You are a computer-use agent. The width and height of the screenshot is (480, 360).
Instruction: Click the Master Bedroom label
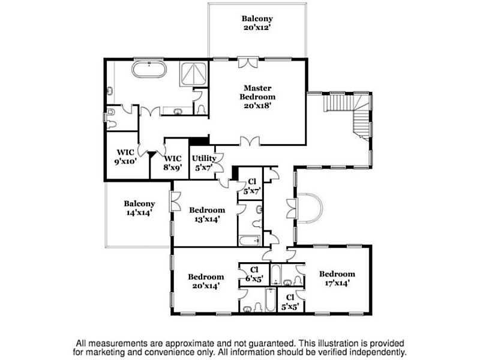(x=257, y=97)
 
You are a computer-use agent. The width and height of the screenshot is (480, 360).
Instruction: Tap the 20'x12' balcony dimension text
(x=257, y=27)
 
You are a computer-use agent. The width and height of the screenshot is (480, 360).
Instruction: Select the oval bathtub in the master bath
(x=149, y=70)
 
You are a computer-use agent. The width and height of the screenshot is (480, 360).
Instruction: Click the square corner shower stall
(x=193, y=74)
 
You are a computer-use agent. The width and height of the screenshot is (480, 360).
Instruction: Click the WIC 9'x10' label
(x=125, y=157)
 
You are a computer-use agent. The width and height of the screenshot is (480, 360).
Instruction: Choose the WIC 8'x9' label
(x=173, y=163)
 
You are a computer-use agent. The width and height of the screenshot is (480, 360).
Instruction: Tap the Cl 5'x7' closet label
(x=252, y=187)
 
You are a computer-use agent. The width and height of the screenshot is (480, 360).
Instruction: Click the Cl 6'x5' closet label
(x=254, y=274)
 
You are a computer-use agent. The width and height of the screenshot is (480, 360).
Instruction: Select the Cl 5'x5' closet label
(x=290, y=302)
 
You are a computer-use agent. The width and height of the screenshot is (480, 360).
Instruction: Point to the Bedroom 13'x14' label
(x=207, y=215)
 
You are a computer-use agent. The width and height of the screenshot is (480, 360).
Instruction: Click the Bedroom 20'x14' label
(x=206, y=281)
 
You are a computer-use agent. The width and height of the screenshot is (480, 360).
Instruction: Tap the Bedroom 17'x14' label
(x=337, y=278)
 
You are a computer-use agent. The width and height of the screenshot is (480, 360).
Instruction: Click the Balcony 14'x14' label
(x=139, y=208)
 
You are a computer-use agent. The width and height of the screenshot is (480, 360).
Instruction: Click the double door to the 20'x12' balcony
(x=248, y=62)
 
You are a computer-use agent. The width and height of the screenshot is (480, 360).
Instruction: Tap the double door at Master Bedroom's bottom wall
(x=250, y=141)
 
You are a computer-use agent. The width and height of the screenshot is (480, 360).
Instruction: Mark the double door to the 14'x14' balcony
(x=175, y=201)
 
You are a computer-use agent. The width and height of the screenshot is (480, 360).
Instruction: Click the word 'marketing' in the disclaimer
(x=116, y=352)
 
